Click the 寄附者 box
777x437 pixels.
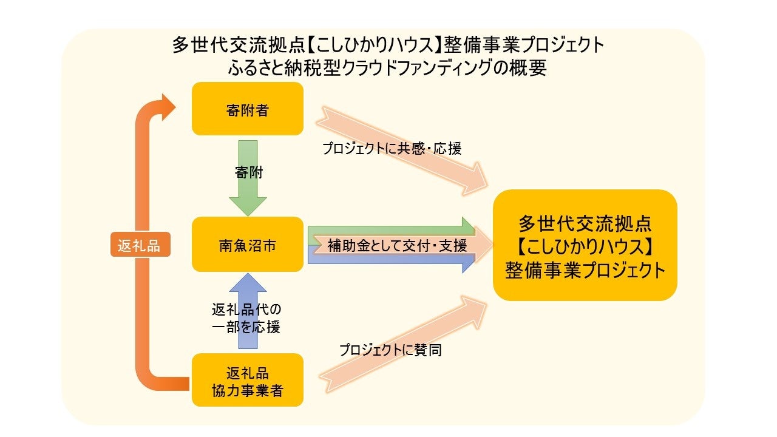pyautogui.click(x=247, y=109)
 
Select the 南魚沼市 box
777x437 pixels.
pyautogui.click(x=247, y=244)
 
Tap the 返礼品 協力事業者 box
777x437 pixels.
pyautogui.click(x=247, y=380)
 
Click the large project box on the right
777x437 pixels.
pyautogui.click(x=585, y=245)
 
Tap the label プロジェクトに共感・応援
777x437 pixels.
pyautogui.click(x=392, y=148)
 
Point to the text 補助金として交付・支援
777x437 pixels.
pyautogui.click(x=397, y=245)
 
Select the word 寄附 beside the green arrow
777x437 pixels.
pyautogui.click(x=249, y=172)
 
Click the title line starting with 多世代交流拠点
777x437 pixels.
pyautogui.click(x=388, y=45)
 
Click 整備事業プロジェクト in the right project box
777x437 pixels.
pyautogui.click(x=585, y=270)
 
